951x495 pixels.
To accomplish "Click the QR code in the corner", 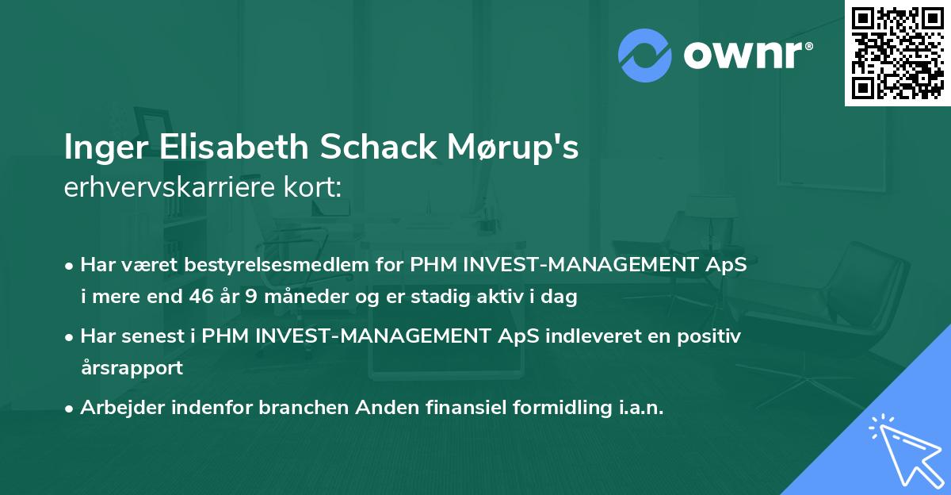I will [898, 53].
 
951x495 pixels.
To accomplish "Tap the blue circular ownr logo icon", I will [645, 55].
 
